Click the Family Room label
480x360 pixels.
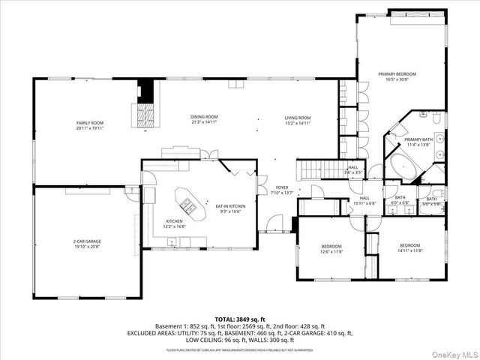pos(89,123)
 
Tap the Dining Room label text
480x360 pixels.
pos(204,117)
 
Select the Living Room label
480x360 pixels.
pos(298,118)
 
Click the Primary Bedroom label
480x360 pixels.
pos(397,74)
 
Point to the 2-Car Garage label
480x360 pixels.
pos(87,241)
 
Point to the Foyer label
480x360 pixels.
pos(282,187)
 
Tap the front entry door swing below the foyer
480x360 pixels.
pos(277,223)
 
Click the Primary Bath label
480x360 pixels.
pos(418,139)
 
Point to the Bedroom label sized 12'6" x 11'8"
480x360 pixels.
pos(331,246)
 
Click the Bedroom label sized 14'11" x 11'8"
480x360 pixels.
pos(409,246)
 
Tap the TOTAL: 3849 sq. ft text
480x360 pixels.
pos(241,318)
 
